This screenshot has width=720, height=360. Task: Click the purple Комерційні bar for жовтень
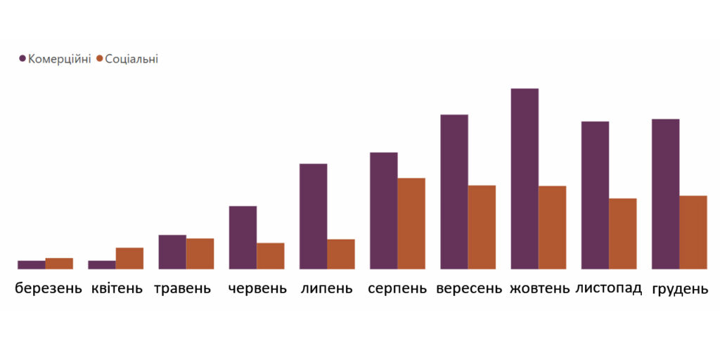click(x=525, y=179)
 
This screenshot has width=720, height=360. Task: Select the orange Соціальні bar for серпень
click(x=411, y=224)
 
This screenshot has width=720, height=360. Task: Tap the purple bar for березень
click(x=32, y=264)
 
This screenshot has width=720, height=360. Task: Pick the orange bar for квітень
click(x=129, y=258)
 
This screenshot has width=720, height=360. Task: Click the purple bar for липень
click(x=313, y=217)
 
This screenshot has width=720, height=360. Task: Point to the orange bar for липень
click(x=341, y=254)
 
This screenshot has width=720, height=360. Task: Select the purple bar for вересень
click(x=454, y=191)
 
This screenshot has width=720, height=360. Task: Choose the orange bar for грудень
click(x=693, y=232)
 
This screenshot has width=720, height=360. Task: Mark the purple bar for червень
click(x=243, y=238)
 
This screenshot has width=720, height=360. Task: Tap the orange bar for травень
click(x=200, y=254)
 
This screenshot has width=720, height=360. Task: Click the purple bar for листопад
click(x=595, y=195)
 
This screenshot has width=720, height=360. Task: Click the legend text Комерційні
click(x=59, y=59)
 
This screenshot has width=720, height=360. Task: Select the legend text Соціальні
click(x=131, y=59)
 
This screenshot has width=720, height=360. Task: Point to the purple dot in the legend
click(x=23, y=59)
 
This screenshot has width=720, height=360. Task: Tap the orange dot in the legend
click(x=100, y=59)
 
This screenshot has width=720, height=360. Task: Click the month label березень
click(x=48, y=288)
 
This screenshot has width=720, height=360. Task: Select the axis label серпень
click(x=397, y=288)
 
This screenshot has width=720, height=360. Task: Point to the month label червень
click(x=257, y=288)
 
